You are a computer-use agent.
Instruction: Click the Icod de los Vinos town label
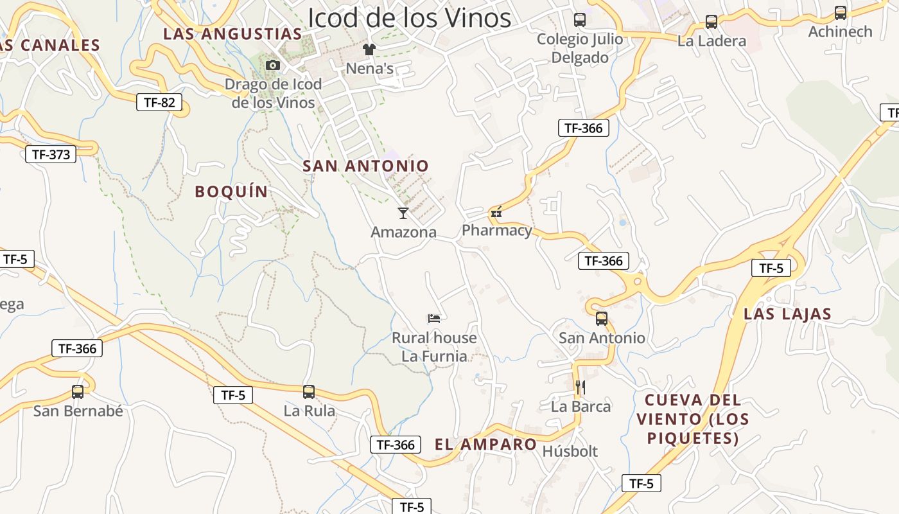(x=409, y=18)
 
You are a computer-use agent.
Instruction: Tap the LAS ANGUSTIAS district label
(x=232, y=34)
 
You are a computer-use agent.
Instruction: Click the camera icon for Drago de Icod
(x=273, y=65)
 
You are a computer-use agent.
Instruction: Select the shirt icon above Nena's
(x=369, y=49)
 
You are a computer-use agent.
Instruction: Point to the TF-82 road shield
(x=159, y=102)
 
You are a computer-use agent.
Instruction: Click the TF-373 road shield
(x=51, y=154)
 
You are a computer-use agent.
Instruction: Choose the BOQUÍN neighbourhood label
(x=231, y=191)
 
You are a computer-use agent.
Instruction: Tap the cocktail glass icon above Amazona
(x=403, y=213)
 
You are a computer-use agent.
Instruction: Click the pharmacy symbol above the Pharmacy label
(x=496, y=212)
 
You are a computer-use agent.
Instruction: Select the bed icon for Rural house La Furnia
(x=434, y=318)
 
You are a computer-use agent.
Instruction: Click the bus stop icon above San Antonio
(x=602, y=318)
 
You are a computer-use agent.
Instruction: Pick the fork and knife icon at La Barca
(x=580, y=387)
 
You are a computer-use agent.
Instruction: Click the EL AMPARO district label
(x=485, y=444)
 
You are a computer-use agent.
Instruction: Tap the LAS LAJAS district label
(x=787, y=314)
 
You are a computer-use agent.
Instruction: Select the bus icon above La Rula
(x=309, y=391)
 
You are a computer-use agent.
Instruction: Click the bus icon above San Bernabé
(x=78, y=391)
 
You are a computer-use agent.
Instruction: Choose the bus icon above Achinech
(x=840, y=12)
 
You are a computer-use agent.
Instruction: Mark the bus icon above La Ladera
(x=711, y=22)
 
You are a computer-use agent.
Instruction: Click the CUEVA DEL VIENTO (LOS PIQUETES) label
(x=692, y=419)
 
